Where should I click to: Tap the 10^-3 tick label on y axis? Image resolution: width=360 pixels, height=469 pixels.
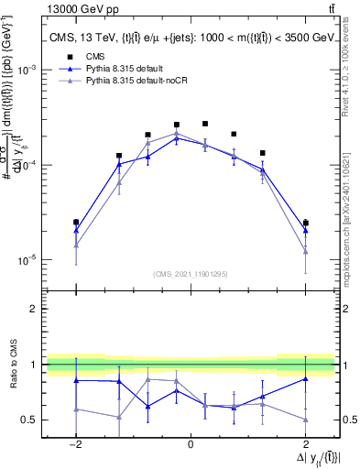[x=28, y=70]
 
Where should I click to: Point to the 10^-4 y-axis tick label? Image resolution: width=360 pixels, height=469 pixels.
[x=28, y=165]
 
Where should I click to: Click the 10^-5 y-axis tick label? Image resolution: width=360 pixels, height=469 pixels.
[x=28, y=260]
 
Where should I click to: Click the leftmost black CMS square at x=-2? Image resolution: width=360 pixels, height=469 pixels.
[x=76, y=222]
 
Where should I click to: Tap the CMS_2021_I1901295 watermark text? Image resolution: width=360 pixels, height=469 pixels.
[x=190, y=273]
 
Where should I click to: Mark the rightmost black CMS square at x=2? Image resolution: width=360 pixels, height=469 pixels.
[x=305, y=223]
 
